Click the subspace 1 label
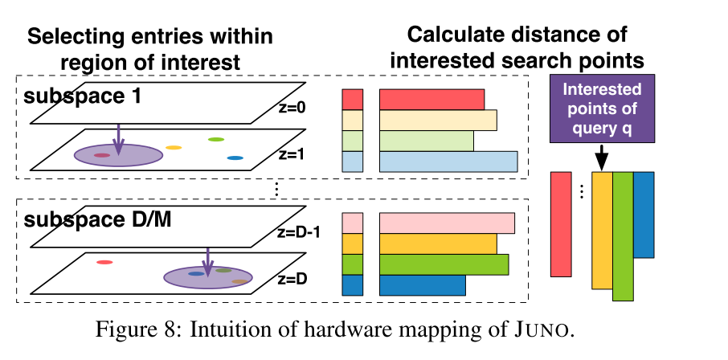(82, 97)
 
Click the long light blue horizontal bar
(448, 162)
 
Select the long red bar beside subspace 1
(431, 99)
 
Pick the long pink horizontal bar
(446, 223)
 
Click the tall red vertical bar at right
(561, 224)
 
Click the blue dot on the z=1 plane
(235, 157)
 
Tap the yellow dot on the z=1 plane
(174, 148)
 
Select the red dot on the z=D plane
(104, 262)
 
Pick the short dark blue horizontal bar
(422, 285)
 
